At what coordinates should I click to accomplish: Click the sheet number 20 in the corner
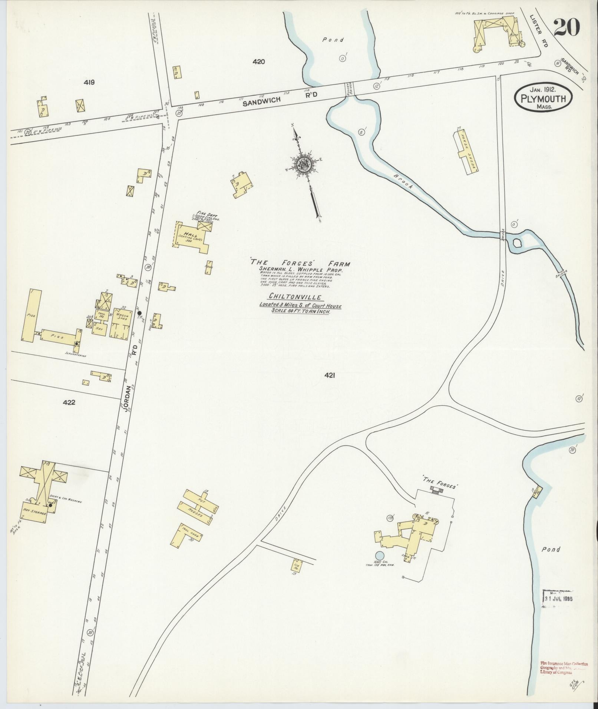tap(567, 28)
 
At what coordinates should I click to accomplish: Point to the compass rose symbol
tap(304, 164)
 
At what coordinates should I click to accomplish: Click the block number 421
tap(330, 375)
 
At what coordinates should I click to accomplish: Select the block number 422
tap(69, 402)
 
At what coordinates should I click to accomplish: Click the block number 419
tap(89, 82)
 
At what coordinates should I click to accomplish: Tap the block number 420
tap(258, 62)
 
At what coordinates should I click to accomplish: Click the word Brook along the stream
tap(403, 182)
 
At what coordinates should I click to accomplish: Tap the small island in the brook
tap(516, 243)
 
